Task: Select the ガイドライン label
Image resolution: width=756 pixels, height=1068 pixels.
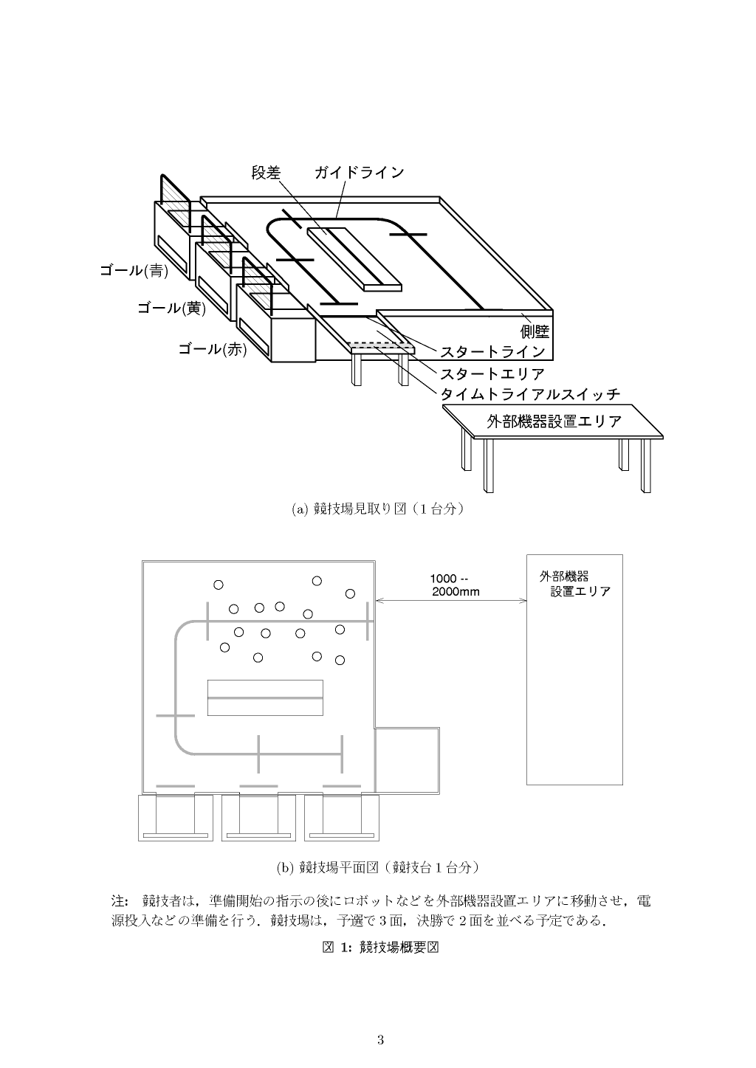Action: click(x=360, y=173)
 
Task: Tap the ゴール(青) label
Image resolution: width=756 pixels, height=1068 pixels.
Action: click(x=134, y=271)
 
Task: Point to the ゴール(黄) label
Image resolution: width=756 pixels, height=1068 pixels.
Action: click(x=171, y=309)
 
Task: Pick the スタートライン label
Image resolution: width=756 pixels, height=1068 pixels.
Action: click(x=492, y=352)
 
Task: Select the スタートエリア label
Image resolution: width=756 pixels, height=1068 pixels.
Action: click(x=492, y=373)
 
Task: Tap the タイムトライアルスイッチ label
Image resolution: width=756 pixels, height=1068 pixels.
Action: click(x=530, y=394)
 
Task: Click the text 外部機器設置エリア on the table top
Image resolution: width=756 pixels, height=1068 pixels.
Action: click(x=554, y=421)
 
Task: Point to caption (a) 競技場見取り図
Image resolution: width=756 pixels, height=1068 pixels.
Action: click(x=377, y=509)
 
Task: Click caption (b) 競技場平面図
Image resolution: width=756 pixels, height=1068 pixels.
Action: click(x=377, y=867)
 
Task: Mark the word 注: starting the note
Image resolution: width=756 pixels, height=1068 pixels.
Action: click(x=120, y=901)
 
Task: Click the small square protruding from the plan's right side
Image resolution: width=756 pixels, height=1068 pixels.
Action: click(x=408, y=760)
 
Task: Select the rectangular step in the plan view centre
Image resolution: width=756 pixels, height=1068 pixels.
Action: click(x=265, y=697)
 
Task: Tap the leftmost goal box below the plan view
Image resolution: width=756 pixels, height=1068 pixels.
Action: click(x=176, y=818)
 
